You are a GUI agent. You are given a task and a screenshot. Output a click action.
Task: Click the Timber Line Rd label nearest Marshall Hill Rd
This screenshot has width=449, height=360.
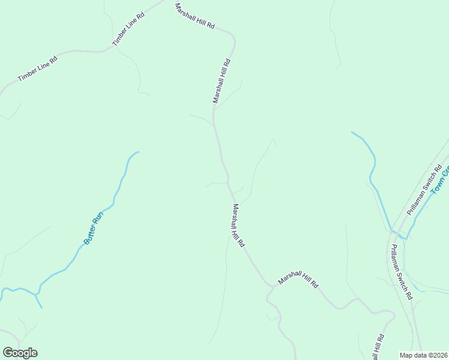click(129, 28)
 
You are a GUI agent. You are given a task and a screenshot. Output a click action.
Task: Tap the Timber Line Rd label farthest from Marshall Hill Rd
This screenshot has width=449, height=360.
click(37, 69)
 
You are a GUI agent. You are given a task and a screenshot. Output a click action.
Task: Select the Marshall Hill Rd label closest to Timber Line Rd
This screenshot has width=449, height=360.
click(194, 17)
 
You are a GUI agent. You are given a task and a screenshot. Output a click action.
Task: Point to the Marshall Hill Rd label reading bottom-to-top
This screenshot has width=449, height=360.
click(221, 80)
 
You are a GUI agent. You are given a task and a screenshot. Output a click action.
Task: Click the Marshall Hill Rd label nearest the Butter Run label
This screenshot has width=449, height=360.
click(238, 226)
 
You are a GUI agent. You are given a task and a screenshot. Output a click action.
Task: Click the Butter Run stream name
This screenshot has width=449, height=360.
click(94, 227)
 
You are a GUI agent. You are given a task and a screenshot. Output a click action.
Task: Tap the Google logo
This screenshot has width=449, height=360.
click(20, 353)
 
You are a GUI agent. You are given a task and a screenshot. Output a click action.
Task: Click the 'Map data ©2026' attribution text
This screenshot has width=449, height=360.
click(423, 355)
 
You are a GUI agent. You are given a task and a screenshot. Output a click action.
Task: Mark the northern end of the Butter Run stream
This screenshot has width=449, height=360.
click(138, 152)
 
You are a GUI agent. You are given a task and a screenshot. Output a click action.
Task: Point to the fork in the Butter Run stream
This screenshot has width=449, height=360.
click(38, 294)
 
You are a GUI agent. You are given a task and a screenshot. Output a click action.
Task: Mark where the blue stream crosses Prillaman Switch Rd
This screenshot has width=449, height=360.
click(393, 231)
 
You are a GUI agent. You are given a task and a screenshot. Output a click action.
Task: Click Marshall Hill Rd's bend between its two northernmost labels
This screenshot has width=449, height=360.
click(234, 41)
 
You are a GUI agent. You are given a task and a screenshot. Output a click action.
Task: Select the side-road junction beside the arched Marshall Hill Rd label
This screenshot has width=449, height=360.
click(271, 287)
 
